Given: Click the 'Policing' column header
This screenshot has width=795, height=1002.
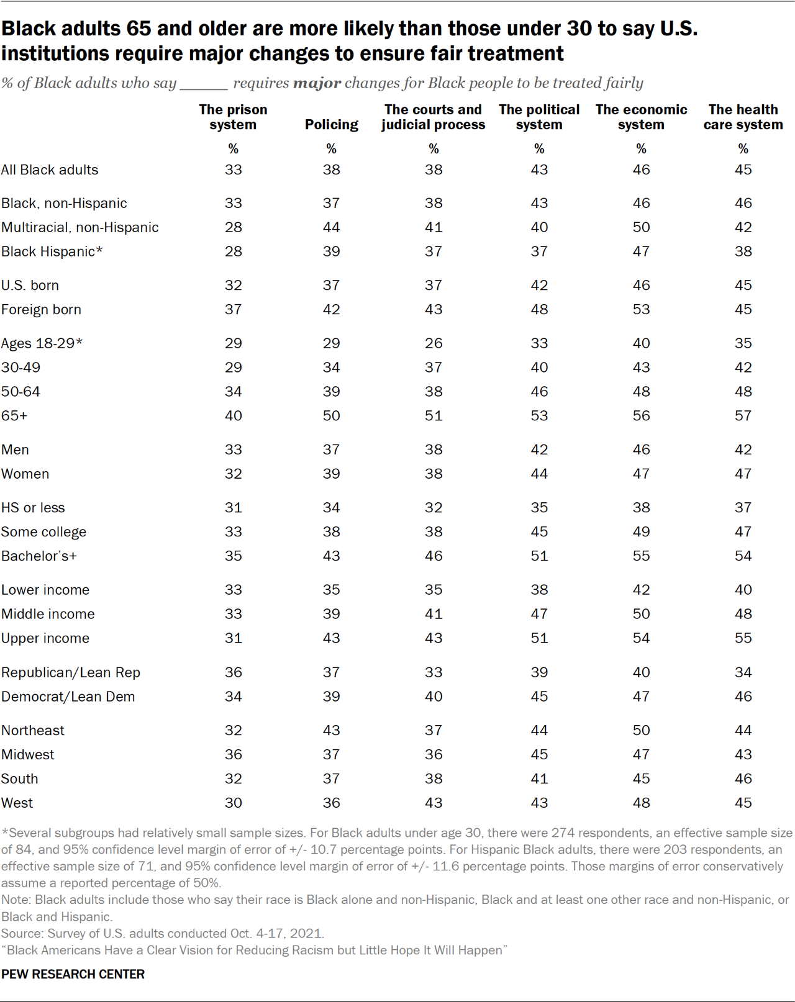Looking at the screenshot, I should point(331,125).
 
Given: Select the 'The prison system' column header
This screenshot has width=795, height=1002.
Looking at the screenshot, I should point(233,117).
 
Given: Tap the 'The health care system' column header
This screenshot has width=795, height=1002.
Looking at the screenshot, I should point(743,117).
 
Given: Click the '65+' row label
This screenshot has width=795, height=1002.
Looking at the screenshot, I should point(14,416).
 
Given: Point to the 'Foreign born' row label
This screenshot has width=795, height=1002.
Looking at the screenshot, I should point(41,310).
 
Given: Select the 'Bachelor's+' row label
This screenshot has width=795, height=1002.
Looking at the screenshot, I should point(39,556).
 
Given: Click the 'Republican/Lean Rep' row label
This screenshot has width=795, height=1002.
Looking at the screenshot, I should point(71,672).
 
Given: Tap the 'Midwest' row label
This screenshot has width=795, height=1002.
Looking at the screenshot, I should point(28,755).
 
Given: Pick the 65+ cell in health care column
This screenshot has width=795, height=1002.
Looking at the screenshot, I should point(743,416).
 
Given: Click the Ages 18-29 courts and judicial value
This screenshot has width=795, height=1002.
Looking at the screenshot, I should point(434,343).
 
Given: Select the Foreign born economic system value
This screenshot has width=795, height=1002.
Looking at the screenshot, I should point(641,310).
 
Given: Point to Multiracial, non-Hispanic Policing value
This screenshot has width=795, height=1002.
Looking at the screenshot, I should point(331,228).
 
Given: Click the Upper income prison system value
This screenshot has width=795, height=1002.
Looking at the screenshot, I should point(233,638).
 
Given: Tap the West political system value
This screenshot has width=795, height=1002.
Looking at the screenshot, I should point(539,803).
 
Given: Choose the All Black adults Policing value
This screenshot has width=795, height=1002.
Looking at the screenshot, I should point(331,170).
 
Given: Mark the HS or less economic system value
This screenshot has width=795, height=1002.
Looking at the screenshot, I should point(641,508).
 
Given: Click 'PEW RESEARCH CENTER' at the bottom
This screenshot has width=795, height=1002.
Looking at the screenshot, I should point(73,974).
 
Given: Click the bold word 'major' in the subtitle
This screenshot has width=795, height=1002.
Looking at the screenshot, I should point(317,83).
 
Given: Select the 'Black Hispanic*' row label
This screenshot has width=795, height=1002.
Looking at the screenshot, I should point(52,252).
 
